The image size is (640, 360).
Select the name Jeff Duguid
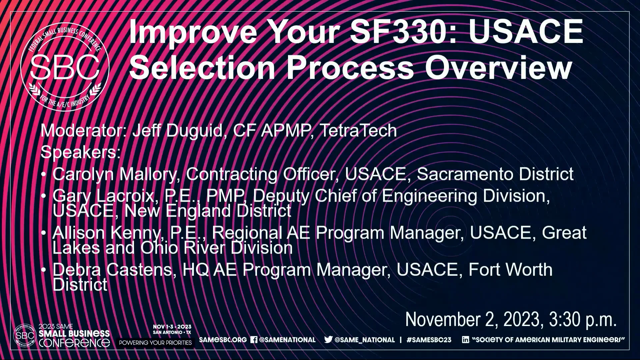coord(177,130)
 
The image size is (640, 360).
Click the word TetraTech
coord(358,130)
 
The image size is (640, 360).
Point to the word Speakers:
coord(80,152)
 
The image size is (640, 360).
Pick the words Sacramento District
coord(495,174)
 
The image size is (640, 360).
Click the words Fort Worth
coord(510,269)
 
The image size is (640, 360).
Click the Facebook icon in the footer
coord(254,340)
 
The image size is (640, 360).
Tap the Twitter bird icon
coord(328,340)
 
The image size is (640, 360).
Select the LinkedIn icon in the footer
coord(465,340)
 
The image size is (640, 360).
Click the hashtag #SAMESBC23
coord(429,340)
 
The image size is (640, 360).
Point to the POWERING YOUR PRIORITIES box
coord(155,343)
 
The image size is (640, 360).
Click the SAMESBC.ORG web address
coord(223,340)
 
